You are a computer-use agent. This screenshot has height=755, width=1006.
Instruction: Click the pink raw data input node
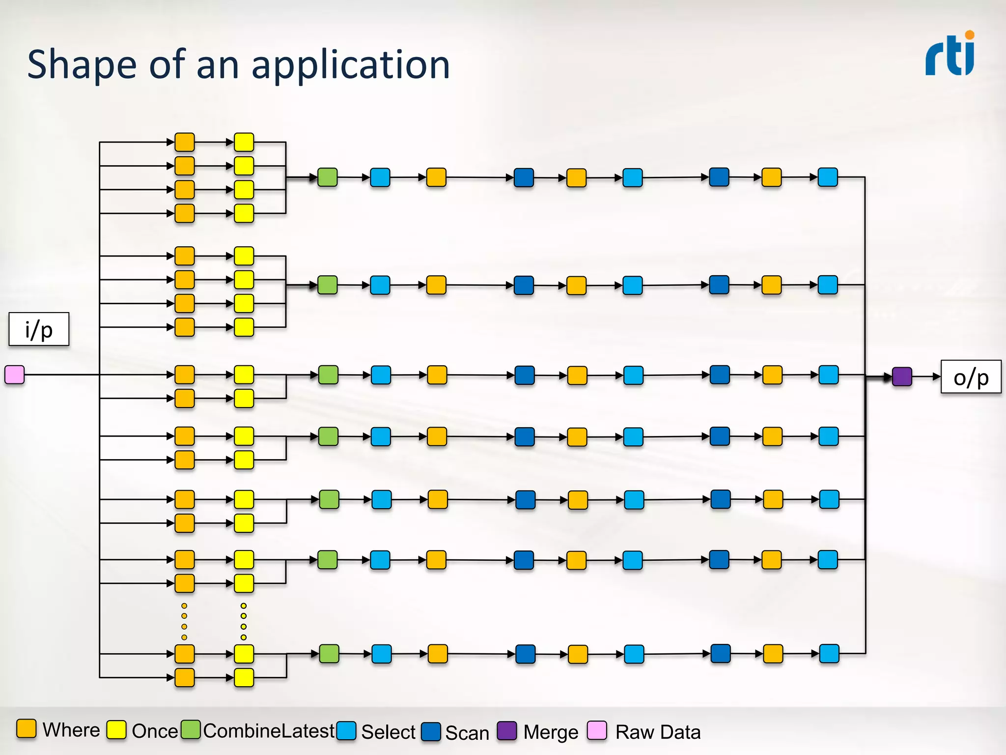(x=15, y=375)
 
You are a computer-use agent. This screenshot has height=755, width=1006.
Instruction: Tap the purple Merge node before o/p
(x=902, y=377)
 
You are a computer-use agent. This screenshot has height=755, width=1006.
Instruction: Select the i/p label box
(x=39, y=329)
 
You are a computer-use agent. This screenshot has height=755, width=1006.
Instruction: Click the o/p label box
(x=971, y=377)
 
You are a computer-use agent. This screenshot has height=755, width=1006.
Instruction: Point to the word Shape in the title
(x=82, y=65)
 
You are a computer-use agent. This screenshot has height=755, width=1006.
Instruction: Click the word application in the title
(x=351, y=65)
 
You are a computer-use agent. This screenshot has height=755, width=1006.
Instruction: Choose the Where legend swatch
(x=27, y=729)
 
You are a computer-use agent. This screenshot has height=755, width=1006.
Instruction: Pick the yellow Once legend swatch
(x=116, y=730)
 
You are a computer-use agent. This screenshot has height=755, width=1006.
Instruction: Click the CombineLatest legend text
(x=269, y=731)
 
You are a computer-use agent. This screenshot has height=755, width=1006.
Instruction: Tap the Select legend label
(x=388, y=732)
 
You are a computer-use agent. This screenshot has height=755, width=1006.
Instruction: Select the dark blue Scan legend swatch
(x=431, y=731)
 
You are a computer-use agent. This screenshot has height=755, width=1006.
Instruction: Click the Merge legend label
(x=551, y=732)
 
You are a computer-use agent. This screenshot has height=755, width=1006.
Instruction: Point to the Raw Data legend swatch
(x=597, y=730)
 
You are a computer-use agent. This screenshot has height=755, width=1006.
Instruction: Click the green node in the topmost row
(x=328, y=177)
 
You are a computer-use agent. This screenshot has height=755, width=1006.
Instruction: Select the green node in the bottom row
(x=329, y=654)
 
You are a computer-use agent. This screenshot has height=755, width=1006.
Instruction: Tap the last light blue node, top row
(x=828, y=177)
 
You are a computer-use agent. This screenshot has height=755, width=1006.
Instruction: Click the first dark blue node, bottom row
(x=526, y=654)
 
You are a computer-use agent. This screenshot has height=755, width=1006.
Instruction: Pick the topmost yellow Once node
(x=244, y=142)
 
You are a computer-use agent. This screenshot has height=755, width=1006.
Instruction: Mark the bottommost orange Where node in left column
(x=185, y=677)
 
